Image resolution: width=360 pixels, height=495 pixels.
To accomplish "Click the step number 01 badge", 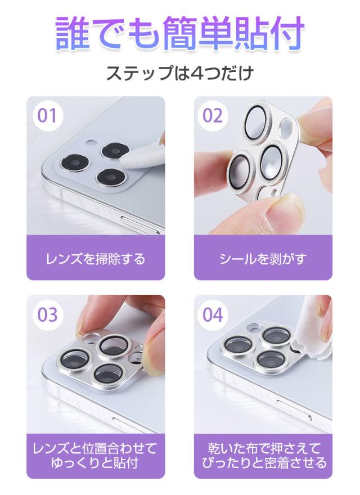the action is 47,115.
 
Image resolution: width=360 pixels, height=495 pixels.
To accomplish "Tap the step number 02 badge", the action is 213,115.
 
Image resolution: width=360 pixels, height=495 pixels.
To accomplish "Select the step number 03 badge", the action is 47,315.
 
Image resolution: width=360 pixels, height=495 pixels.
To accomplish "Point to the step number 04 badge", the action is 213,315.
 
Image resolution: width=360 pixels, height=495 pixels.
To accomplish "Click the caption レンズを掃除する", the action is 96,259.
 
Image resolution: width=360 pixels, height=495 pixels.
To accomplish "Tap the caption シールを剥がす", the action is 263,259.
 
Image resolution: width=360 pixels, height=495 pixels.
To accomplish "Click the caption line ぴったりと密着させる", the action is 264,463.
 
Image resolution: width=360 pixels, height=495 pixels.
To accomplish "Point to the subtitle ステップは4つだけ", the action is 180,73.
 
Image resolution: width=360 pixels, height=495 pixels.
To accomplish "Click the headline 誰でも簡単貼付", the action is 180,33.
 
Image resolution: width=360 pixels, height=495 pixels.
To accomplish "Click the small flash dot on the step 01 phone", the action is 91,142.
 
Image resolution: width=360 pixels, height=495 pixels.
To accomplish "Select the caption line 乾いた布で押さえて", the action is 264,448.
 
